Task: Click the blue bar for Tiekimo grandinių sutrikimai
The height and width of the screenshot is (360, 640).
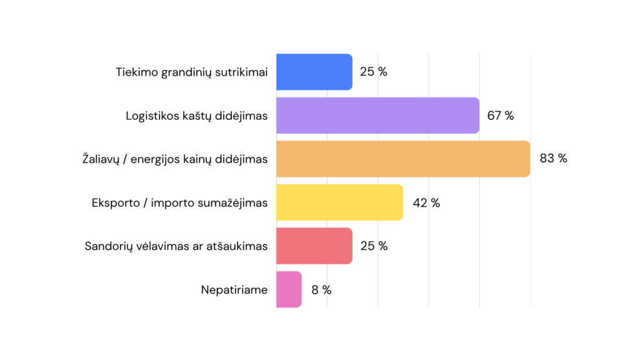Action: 314,72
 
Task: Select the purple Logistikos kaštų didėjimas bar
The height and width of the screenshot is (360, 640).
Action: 378,116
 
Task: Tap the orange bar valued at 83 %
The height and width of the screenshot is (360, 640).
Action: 403,159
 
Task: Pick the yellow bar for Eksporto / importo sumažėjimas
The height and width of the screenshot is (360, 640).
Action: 339,202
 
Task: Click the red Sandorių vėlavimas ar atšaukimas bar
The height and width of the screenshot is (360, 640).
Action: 314,246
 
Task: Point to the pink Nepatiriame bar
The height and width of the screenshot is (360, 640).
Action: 289,289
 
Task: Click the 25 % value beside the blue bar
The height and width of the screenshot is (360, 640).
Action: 374,72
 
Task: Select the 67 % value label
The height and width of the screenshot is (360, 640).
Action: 501,116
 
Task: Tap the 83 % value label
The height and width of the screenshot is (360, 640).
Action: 554,158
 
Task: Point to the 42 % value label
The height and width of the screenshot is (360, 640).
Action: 426,203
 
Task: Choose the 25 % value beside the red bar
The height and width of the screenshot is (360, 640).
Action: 374,246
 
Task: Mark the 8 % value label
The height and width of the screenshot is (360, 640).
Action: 322,290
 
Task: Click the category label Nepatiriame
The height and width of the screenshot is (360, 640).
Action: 234,290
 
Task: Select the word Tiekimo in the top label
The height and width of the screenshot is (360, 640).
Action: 137,72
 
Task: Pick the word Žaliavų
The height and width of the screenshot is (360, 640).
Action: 101,158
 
